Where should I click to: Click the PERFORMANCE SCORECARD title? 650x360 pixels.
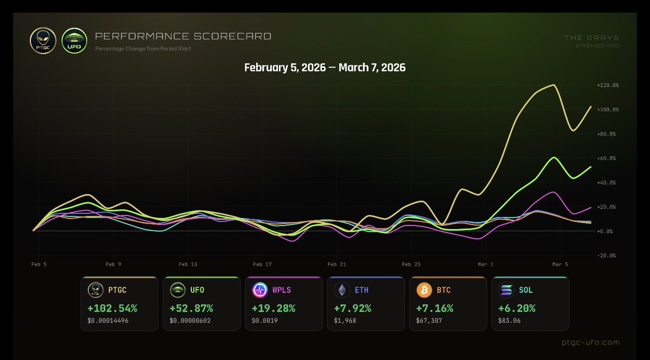point(183,37)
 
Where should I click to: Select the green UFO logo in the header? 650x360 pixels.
point(74,41)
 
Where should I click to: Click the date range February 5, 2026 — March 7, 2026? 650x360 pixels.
point(324,68)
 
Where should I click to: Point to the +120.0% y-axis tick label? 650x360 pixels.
point(607,86)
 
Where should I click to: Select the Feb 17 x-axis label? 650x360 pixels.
point(262,265)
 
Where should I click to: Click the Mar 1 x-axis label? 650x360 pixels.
point(485,265)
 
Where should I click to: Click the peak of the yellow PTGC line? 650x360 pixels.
point(553,85)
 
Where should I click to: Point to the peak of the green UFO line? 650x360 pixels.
point(554,158)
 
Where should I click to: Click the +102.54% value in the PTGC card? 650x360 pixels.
point(112,309)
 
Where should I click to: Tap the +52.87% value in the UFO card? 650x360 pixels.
point(192,309)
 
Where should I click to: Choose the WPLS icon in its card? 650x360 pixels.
point(259,291)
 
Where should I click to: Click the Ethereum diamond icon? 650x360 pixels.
point(342,291)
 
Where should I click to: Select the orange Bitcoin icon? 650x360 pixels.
point(424,291)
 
